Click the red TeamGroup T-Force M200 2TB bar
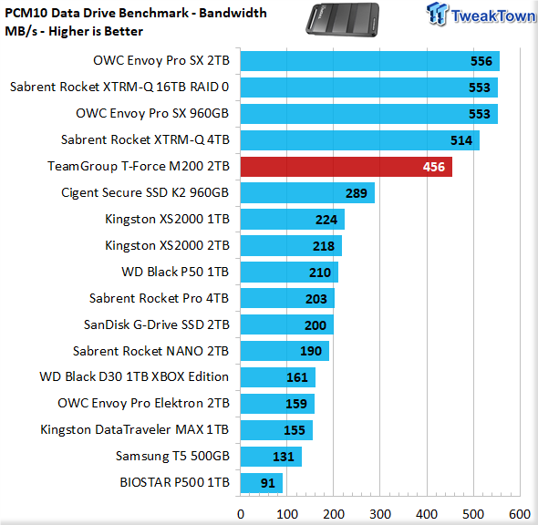[x=347, y=167]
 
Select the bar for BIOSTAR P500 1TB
[x=262, y=483]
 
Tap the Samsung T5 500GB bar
[x=271, y=457]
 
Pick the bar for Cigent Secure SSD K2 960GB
[x=307, y=192]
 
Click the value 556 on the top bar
[x=481, y=61]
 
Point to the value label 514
[x=461, y=140]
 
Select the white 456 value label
[x=434, y=167]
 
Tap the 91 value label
[x=267, y=483]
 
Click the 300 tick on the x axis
[x=380, y=514]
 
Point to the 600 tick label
[x=520, y=514]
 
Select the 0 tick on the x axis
[x=241, y=514]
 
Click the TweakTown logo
[x=481, y=15]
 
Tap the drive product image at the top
[x=343, y=19]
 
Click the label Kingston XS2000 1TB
[x=167, y=219]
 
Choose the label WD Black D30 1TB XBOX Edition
[x=134, y=376]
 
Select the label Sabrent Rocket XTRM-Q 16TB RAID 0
[x=119, y=87]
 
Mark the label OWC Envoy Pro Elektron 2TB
[x=143, y=404]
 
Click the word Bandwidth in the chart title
[x=233, y=13]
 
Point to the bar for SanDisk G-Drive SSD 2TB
[x=287, y=324]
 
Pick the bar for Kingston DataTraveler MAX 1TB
[x=276, y=430]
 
